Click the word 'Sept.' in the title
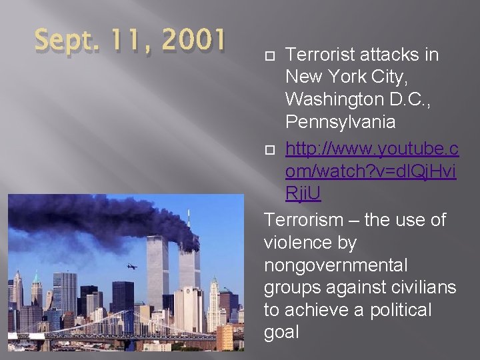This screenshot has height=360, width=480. [x=59, y=41]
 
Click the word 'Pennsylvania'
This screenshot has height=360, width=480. [x=340, y=123]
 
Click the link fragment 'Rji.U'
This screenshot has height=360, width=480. [x=303, y=193]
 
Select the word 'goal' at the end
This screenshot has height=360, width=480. [x=282, y=333]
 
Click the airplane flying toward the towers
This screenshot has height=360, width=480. [x=131, y=266]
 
